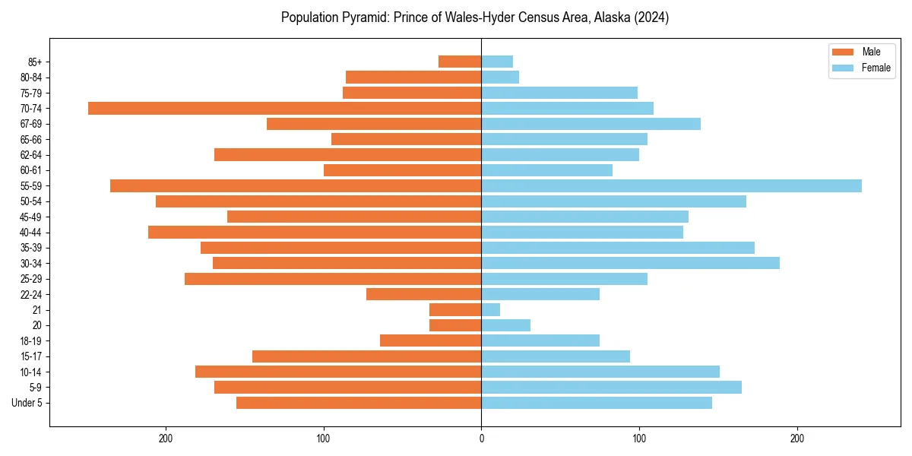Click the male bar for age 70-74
[x=284, y=108]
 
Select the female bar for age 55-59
[x=671, y=185]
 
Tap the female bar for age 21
[x=490, y=309]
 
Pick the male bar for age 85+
[x=460, y=62]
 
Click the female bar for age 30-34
[x=630, y=263]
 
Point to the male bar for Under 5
[x=359, y=402]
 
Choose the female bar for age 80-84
[x=500, y=77]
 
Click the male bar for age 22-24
[x=423, y=294]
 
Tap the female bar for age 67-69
[x=591, y=124]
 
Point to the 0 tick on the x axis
[x=481, y=439]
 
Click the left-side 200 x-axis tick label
[x=166, y=439]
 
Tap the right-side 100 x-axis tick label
[x=639, y=439]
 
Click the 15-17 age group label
[x=31, y=356]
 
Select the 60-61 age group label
[x=31, y=170]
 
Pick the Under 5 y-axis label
[x=27, y=402]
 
